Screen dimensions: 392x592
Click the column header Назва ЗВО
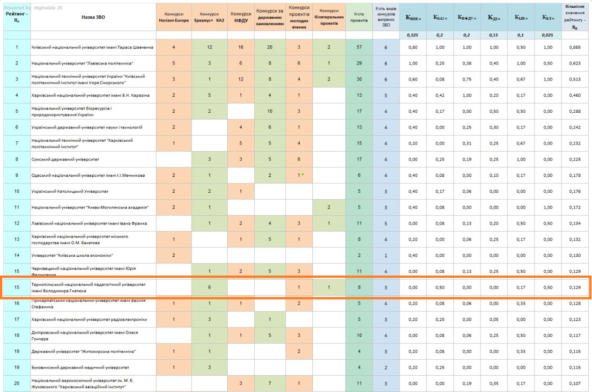(x=93, y=17)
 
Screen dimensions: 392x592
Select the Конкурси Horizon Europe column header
(x=174, y=17)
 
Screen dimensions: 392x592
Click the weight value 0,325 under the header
(x=412, y=35)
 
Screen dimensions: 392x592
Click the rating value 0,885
(x=575, y=47)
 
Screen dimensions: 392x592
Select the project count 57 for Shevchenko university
(x=359, y=47)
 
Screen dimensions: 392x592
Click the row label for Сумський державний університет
(x=65, y=160)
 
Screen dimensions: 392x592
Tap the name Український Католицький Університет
(x=70, y=191)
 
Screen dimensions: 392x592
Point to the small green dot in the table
(x=303, y=174)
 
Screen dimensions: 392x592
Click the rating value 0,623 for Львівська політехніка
(x=575, y=63)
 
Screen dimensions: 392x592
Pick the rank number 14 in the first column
(x=17, y=255)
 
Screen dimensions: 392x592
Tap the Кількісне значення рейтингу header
(x=575, y=17)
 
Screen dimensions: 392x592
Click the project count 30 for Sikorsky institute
(x=359, y=79)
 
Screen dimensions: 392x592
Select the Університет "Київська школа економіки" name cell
(x=72, y=255)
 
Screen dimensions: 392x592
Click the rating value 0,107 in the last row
(x=575, y=384)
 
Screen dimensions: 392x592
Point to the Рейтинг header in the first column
(x=17, y=17)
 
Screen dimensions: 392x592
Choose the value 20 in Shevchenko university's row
(x=270, y=47)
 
